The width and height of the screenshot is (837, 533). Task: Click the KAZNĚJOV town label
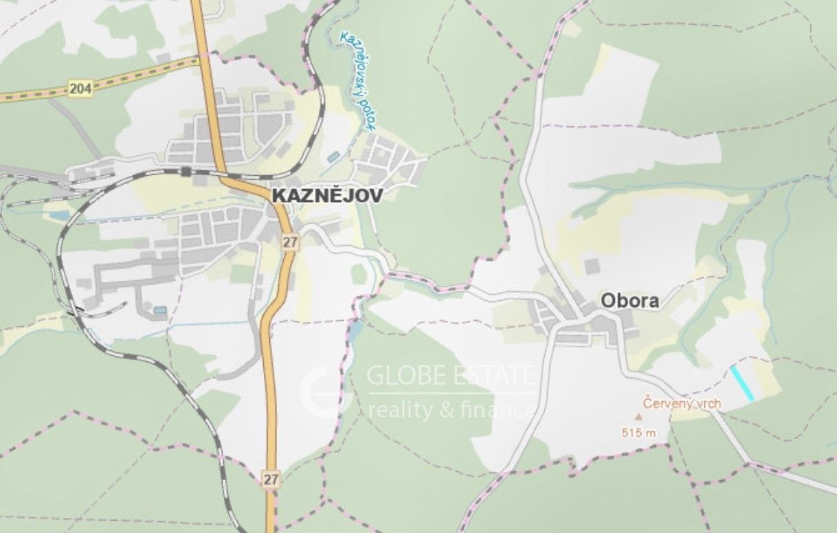(327, 195)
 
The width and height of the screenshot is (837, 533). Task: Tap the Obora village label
(629, 301)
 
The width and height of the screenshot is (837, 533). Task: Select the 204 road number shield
(80, 88)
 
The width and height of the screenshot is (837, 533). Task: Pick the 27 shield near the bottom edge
(271, 479)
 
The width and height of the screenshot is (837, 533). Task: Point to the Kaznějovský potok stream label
(358, 79)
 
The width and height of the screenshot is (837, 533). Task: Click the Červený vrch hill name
(682, 403)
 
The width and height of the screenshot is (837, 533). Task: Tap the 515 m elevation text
(638, 433)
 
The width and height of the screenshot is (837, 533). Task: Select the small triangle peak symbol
(638, 416)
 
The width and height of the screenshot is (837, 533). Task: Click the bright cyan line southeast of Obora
(742, 383)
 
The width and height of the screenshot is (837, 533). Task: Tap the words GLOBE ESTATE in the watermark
(451, 376)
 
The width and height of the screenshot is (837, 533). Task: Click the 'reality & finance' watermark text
(451, 411)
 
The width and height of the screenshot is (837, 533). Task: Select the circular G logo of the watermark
(326, 392)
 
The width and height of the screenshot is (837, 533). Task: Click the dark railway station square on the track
(186, 171)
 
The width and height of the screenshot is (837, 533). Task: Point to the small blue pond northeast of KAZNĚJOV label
(333, 157)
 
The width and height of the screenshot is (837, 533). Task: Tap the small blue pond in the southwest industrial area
(160, 310)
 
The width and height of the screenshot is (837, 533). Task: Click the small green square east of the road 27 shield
(359, 274)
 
